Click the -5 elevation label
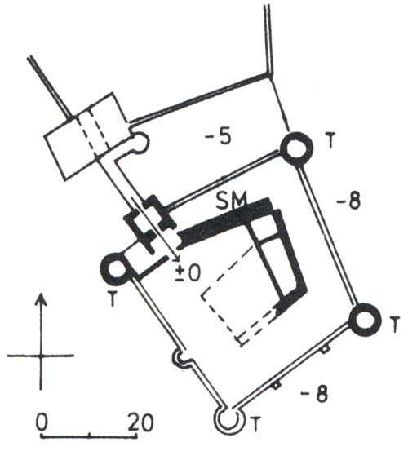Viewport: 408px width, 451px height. pyautogui.click(x=218, y=137)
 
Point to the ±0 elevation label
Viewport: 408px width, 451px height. pyautogui.click(x=188, y=273)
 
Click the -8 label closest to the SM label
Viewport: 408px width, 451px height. pyautogui.click(x=348, y=201)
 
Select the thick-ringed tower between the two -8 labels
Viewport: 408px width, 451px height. pyautogui.click(x=365, y=320)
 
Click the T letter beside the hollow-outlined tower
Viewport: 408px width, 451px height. pyautogui.click(x=255, y=422)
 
